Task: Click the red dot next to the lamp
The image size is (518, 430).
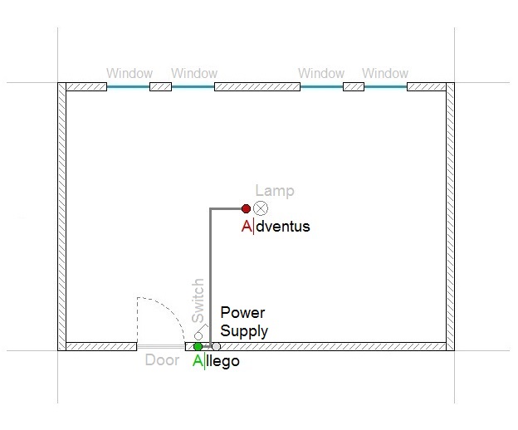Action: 246,208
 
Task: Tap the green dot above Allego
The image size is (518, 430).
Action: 198,346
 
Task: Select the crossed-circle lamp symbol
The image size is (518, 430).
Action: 261,208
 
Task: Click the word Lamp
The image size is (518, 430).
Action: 275,191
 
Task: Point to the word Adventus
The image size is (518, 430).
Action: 276,227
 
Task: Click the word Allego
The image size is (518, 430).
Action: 216,361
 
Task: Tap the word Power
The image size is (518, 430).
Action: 242,312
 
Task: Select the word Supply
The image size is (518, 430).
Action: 244,331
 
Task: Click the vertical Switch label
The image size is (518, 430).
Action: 198,301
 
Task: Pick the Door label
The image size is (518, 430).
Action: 162,360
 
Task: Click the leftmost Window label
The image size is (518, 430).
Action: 129,73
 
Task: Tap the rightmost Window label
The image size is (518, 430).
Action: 385,73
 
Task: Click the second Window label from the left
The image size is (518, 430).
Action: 194,73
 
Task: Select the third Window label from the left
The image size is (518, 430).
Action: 321,73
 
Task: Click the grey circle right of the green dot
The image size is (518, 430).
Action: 216,346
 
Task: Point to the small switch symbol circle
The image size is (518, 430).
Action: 198,336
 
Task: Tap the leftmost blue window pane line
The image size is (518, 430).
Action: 128,87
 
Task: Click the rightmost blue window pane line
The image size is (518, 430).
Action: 385,87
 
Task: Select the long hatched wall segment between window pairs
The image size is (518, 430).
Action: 257,87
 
